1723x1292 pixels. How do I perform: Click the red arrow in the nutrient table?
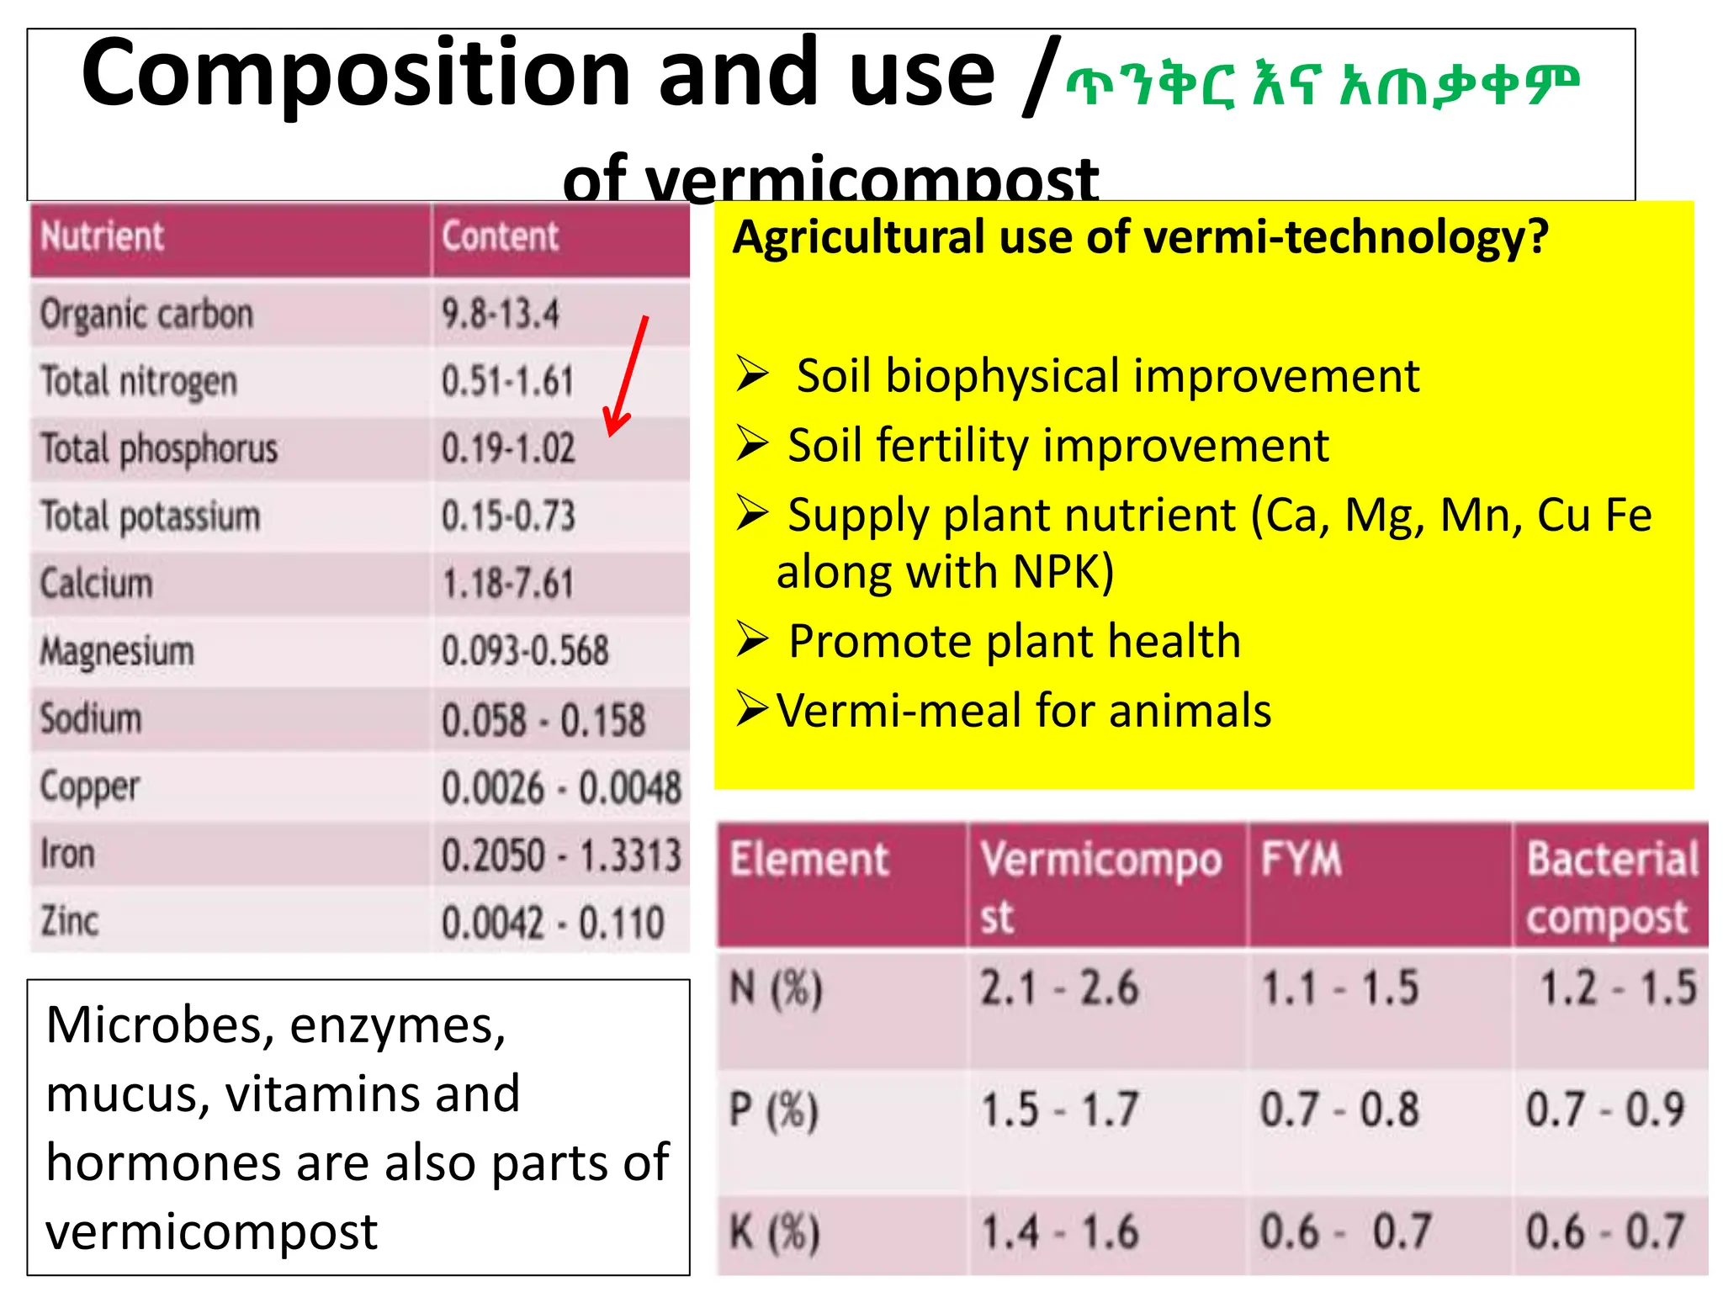pyautogui.click(x=628, y=376)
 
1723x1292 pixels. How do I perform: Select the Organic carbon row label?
pyautogui.click(x=146, y=315)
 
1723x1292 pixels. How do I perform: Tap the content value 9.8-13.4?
pyautogui.click(x=501, y=315)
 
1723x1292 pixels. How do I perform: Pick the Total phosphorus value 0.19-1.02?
pyautogui.click(x=508, y=448)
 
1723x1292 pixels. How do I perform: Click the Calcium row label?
pyautogui.click(x=97, y=584)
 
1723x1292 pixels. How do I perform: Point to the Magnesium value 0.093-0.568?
pyautogui.click(x=525, y=651)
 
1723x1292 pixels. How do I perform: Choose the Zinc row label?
pyautogui.click(x=70, y=921)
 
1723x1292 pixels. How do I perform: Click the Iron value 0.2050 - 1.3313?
pyautogui.click(x=561, y=855)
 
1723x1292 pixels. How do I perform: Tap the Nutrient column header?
pyautogui.click(x=103, y=236)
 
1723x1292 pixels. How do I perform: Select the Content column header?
pyautogui.click(x=501, y=236)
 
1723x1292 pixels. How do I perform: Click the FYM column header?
pyautogui.click(x=1301, y=860)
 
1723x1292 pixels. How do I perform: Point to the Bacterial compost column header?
pyautogui.click(x=1611, y=887)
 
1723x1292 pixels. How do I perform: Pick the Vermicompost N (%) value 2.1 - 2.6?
pyautogui.click(x=1058, y=988)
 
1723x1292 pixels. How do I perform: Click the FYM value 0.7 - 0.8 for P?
pyautogui.click(x=1339, y=1109)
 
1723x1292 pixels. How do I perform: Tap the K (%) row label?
pyautogui.click(x=774, y=1233)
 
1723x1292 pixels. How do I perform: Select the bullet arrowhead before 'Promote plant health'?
pyautogui.click(x=752, y=640)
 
